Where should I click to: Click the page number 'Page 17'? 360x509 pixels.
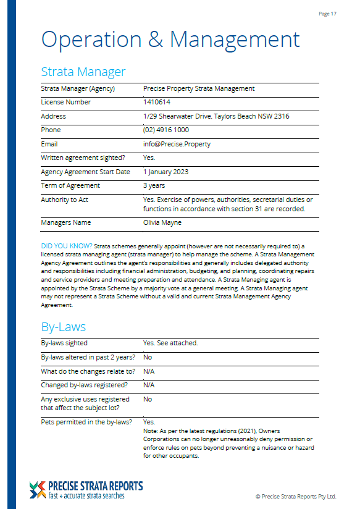327,13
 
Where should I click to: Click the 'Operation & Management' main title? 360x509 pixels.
170,39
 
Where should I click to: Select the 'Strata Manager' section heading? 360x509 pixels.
83,72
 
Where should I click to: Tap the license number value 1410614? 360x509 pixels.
157,103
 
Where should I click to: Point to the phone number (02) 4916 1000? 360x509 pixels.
166,130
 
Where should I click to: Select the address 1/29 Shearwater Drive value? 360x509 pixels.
216,116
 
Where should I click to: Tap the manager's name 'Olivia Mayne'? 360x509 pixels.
163,222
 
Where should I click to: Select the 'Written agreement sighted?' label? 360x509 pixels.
82,158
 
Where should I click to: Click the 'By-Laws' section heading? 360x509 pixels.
63,327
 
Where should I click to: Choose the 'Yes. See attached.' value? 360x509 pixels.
170,343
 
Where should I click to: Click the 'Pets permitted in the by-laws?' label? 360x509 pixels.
86,422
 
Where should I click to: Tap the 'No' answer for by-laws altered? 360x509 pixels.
148,357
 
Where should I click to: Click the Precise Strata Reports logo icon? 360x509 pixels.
37,490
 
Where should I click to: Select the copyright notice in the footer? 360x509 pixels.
296,496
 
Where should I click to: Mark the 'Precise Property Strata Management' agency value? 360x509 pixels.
199,88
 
